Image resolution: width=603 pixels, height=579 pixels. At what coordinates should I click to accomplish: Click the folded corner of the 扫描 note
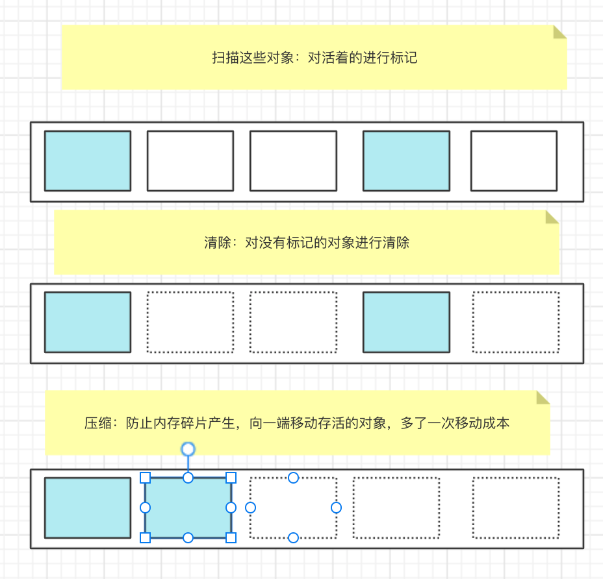tap(559, 32)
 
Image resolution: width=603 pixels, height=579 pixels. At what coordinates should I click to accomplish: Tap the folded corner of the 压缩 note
tap(543, 397)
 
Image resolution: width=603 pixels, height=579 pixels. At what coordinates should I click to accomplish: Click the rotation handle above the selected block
tap(188, 449)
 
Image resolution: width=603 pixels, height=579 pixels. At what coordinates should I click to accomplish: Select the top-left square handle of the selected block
tap(146, 478)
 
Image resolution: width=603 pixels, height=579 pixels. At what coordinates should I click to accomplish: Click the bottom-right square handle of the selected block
tap(231, 537)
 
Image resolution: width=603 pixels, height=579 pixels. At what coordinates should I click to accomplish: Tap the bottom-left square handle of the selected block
tap(146, 537)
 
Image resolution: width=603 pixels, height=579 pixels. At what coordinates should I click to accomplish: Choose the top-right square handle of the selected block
tap(231, 478)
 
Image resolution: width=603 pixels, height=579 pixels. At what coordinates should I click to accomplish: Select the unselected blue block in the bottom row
tap(87, 508)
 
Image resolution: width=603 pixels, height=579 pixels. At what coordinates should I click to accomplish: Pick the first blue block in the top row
tap(87, 161)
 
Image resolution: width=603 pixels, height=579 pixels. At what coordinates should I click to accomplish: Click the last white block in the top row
tap(513, 161)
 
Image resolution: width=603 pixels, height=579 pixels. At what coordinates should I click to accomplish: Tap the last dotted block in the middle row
tap(515, 322)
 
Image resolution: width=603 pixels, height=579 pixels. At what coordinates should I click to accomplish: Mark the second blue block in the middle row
tap(406, 322)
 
